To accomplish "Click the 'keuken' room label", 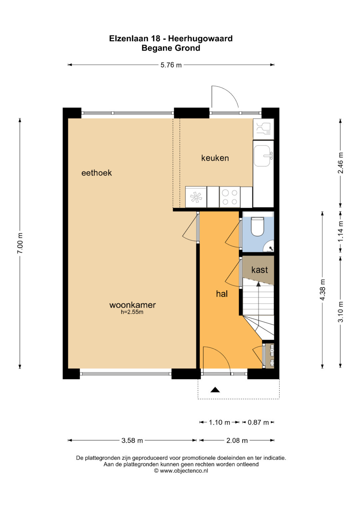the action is [x=215, y=158].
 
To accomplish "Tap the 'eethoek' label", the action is [x=97, y=173].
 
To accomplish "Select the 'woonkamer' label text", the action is [x=133, y=305].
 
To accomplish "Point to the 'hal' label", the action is [x=222, y=294].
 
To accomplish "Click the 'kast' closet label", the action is [x=260, y=270].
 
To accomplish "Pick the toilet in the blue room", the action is [x=257, y=227].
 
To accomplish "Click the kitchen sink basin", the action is [x=262, y=156].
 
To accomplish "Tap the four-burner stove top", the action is [x=230, y=197].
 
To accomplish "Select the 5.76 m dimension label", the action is [x=171, y=65].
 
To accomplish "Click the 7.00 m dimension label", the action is [x=20, y=243].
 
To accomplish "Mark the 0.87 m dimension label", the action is [x=258, y=422].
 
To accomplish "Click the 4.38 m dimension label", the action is [x=322, y=289].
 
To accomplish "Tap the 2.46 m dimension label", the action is [x=340, y=163].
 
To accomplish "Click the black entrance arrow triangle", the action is [x=215, y=390].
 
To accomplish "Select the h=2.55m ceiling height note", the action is [x=132, y=312].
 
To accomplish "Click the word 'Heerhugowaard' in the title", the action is [x=200, y=38].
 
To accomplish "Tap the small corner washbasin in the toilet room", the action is [x=269, y=247].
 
